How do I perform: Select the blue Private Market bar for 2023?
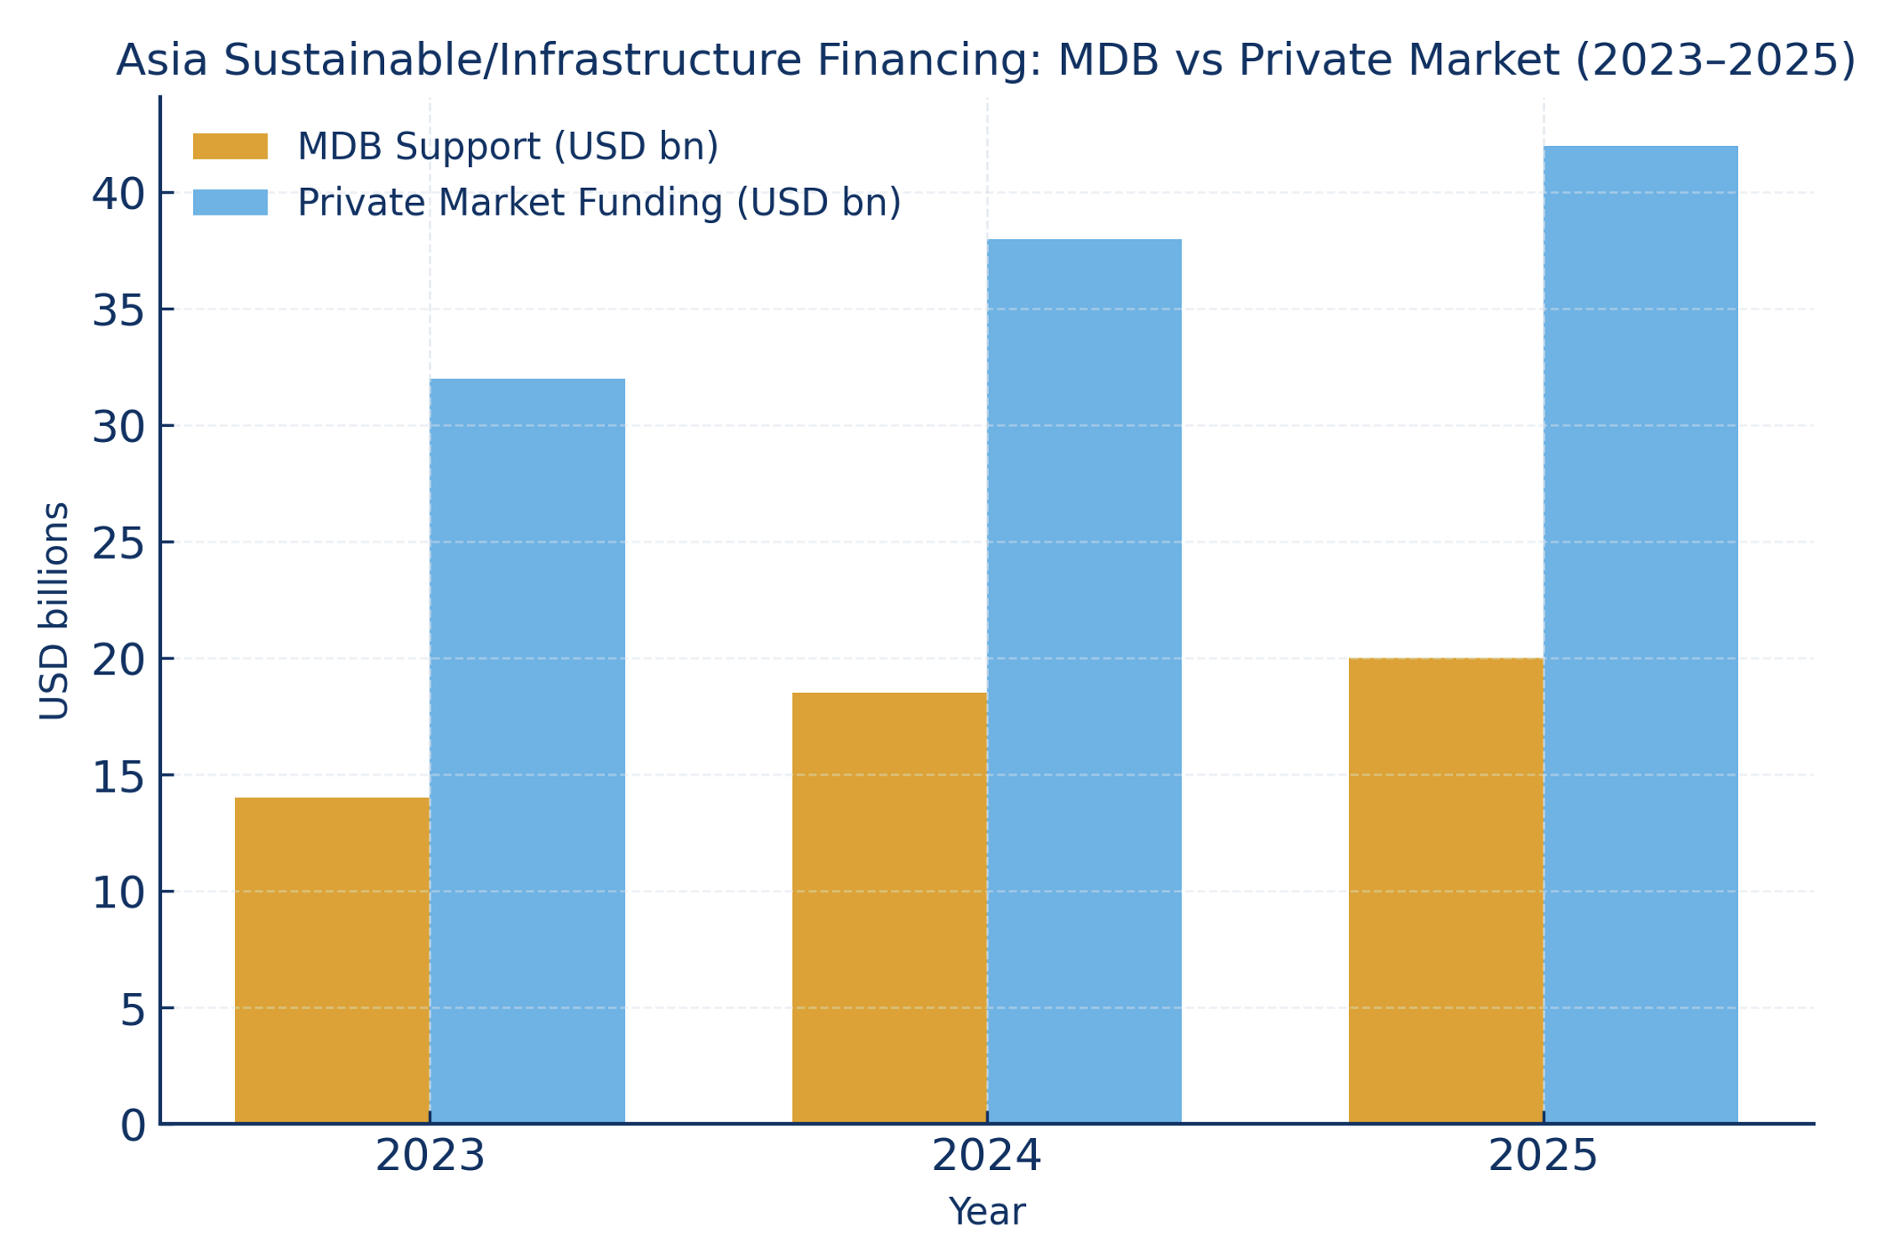[x=528, y=751]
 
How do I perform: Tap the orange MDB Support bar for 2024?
[x=889, y=907]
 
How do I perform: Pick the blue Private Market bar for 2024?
[x=1084, y=681]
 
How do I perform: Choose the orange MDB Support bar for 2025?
[x=1446, y=891]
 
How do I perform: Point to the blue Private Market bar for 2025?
[x=1641, y=635]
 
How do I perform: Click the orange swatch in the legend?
[x=231, y=147]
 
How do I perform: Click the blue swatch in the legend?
[x=231, y=203]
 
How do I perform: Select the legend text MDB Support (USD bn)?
[x=507, y=147]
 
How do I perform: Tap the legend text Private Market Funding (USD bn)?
[x=599, y=203]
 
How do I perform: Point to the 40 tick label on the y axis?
[x=117, y=195]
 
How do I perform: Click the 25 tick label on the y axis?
[x=117, y=544]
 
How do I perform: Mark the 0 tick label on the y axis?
[x=133, y=1126]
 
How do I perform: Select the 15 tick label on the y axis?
[x=117, y=777]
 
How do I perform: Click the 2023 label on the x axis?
[x=429, y=1156]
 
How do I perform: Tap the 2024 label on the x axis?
[x=986, y=1156]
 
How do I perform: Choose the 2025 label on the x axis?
[x=1543, y=1156]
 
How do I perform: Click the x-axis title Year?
[x=986, y=1212]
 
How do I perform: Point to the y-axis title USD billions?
[x=55, y=611]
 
